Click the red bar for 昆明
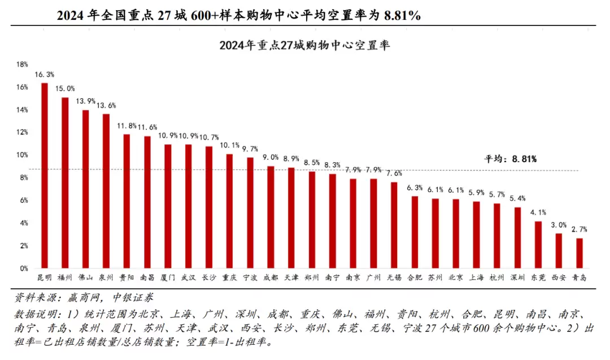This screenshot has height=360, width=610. (x=45, y=176)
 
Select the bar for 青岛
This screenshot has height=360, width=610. (x=579, y=253)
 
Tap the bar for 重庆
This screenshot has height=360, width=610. (x=229, y=211)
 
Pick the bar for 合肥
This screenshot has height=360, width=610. (x=415, y=232)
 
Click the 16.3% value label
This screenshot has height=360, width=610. (x=45, y=75)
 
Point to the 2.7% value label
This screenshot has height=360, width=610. (x=579, y=229)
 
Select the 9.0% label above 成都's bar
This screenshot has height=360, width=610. (x=271, y=158)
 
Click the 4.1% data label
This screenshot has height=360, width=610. (x=538, y=212)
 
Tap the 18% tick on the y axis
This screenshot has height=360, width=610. (x=22, y=64)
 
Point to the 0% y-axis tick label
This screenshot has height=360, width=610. (x=24, y=268)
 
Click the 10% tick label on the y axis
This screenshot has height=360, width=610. (x=22, y=155)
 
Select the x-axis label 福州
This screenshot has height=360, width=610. (x=65, y=277)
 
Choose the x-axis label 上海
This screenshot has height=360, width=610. (x=476, y=277)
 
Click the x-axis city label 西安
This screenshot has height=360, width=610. (x=559, y=277)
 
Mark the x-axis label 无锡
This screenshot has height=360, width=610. (x=394, y=277)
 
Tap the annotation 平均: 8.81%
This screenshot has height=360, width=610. (x=511, y=159)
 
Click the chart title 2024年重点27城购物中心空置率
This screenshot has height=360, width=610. (x=304, y=45)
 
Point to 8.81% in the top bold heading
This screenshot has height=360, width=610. (x=402, y=16)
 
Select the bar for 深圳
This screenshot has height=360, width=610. (x=517, y=238)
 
